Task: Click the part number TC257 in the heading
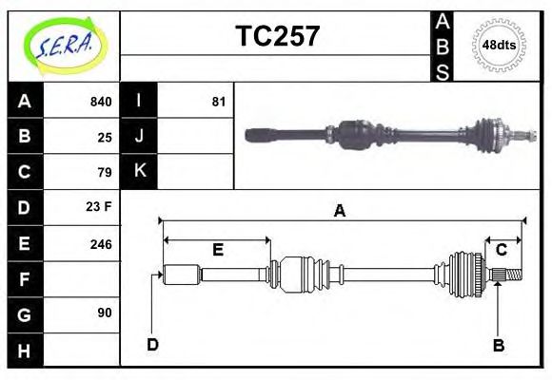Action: click(277, 36)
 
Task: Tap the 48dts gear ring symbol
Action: click(500, 45)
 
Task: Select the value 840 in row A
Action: click(100, 102)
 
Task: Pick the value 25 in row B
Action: click(105, 137)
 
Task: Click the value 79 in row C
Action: click(105, 172)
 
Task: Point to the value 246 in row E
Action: click(100, 243)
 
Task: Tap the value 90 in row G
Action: click(105, 313)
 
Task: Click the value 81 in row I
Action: click(218, 102)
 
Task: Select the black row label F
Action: click(25, 279)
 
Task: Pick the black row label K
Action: click(139, 172)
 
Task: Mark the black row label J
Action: click(139, 137)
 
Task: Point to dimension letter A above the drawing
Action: click(339, 211)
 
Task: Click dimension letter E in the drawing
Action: click(217, 250)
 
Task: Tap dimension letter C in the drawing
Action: click(501, 250)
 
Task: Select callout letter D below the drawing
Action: click(152, 344)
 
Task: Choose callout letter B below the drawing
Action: click(498, 345)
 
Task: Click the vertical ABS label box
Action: click(443, 46)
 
